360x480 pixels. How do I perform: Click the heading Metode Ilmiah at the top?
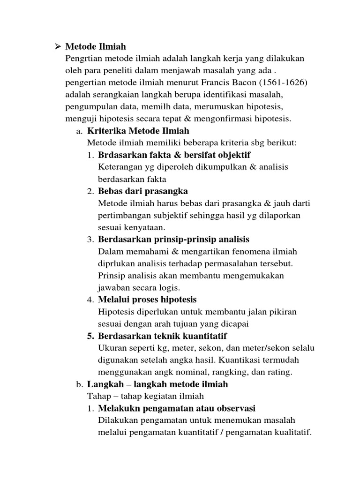(x=96, y=47)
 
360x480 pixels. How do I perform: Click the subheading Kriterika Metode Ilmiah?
(x=138, y=131)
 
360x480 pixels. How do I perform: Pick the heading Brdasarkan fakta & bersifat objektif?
(x=174, y=155)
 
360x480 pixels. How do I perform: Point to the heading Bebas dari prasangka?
(x=143, y=191)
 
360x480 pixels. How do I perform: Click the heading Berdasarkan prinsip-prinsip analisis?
(x=174, y=240)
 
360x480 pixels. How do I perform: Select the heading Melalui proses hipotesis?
(x=147, y=300)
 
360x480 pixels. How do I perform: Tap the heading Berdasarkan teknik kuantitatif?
(x=162, y=336)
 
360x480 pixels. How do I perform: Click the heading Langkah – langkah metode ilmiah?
(x=157, y=384)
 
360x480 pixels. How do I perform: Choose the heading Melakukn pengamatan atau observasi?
(x=177, y=408)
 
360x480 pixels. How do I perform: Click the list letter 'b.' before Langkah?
(x=79, y=385)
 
